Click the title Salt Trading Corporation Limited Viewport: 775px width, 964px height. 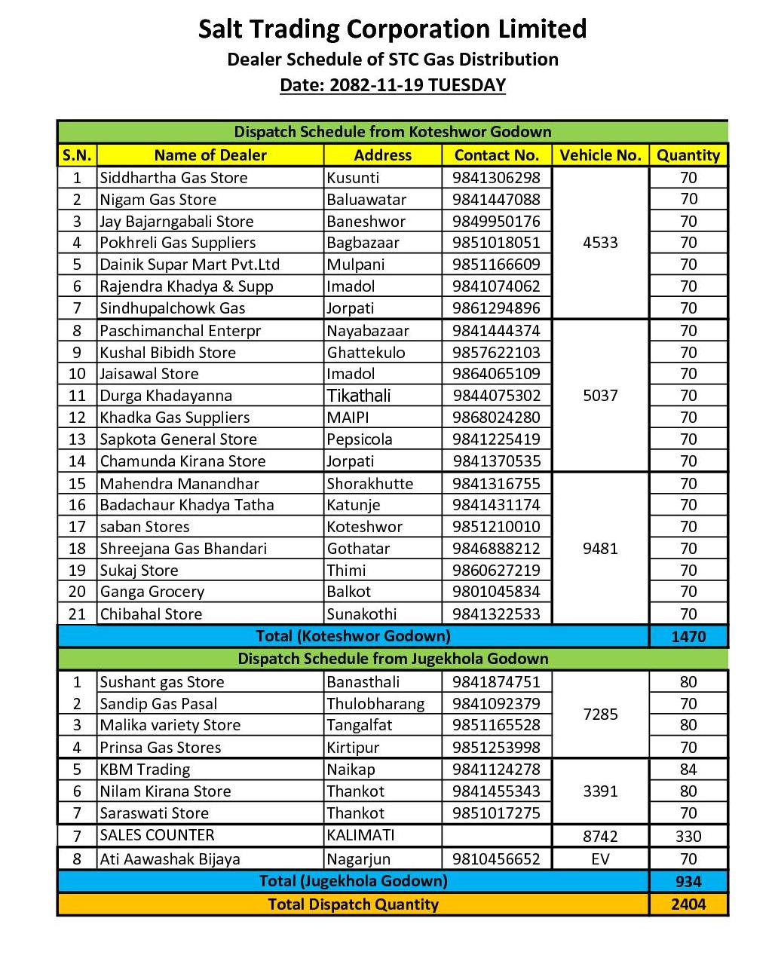click(392, 29)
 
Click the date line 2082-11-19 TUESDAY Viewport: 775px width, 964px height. click(392, 85)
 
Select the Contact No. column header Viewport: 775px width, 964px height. click(496, 155)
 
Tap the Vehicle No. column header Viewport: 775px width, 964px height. click(600, 155)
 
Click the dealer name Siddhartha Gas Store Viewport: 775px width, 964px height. click(173, 178)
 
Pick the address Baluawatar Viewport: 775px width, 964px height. click(366, 200)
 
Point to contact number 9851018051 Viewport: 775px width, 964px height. click(496, 243)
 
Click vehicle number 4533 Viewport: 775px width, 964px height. click(600, 243)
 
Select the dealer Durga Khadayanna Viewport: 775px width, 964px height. click(166, 396)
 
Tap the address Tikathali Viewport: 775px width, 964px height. click(359, 396)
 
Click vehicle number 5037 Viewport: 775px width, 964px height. click(600, 396)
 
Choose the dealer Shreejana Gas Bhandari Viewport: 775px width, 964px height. click(183, 549)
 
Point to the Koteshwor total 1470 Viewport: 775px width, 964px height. click(688, 636)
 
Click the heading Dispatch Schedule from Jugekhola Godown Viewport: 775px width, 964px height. click(392, 659)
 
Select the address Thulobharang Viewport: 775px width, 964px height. click(375, 704)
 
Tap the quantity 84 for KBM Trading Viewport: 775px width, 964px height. click(688, 770)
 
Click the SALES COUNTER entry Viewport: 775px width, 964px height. click(157, 835)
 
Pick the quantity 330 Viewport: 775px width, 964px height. click(688, 836)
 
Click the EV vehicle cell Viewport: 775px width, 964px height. click(600, 859)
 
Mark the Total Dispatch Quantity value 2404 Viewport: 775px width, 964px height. click(688, 904)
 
